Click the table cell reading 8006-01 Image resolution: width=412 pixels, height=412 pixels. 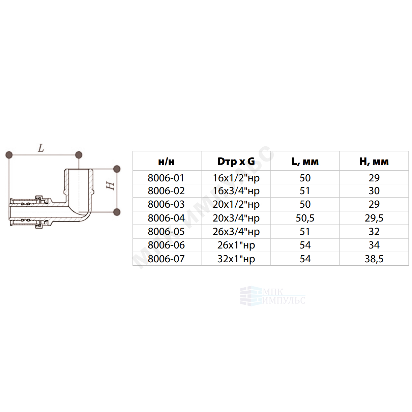click(x=166, y=178)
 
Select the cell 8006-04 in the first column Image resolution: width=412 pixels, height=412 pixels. click(x=166, y=218)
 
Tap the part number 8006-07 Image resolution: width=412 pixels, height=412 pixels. click(x=166, y=259)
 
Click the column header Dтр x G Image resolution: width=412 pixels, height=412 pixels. click(x=236, y=161)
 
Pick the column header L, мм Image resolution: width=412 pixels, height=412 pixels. click(x=305, y=161)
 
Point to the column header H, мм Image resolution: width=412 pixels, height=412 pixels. click(x=374, y=161)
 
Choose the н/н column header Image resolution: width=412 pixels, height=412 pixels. click(x=166, y=162)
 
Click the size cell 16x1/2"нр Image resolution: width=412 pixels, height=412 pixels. click(x=236, y=178)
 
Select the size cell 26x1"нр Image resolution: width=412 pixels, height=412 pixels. click(x=236, y=245)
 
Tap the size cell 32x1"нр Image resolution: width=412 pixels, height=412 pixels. click(x=236, y=259)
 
